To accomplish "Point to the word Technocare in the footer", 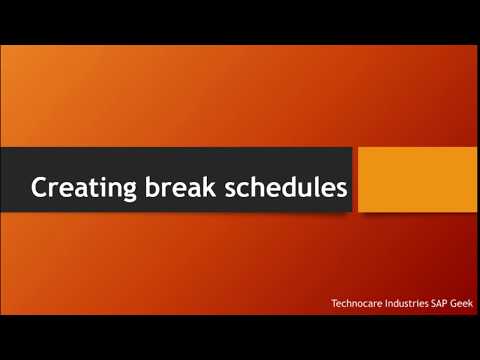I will (x=360, y=302).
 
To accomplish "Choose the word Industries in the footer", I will (x=414, y=302).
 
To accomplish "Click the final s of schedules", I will (x=340, y=188).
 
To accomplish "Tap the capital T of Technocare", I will (x=335, y=302).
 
